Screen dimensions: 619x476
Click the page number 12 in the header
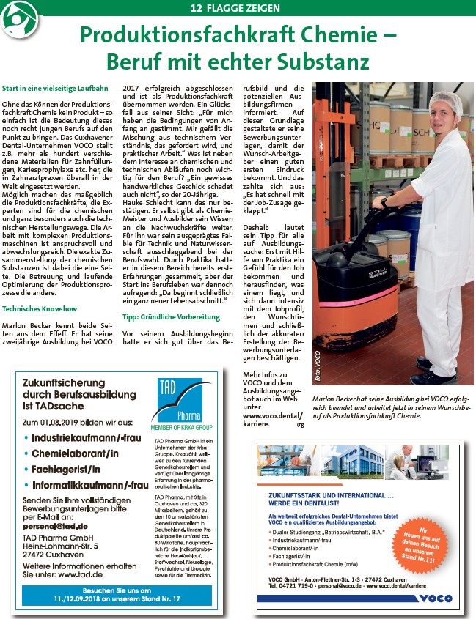tap(196, 8)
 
